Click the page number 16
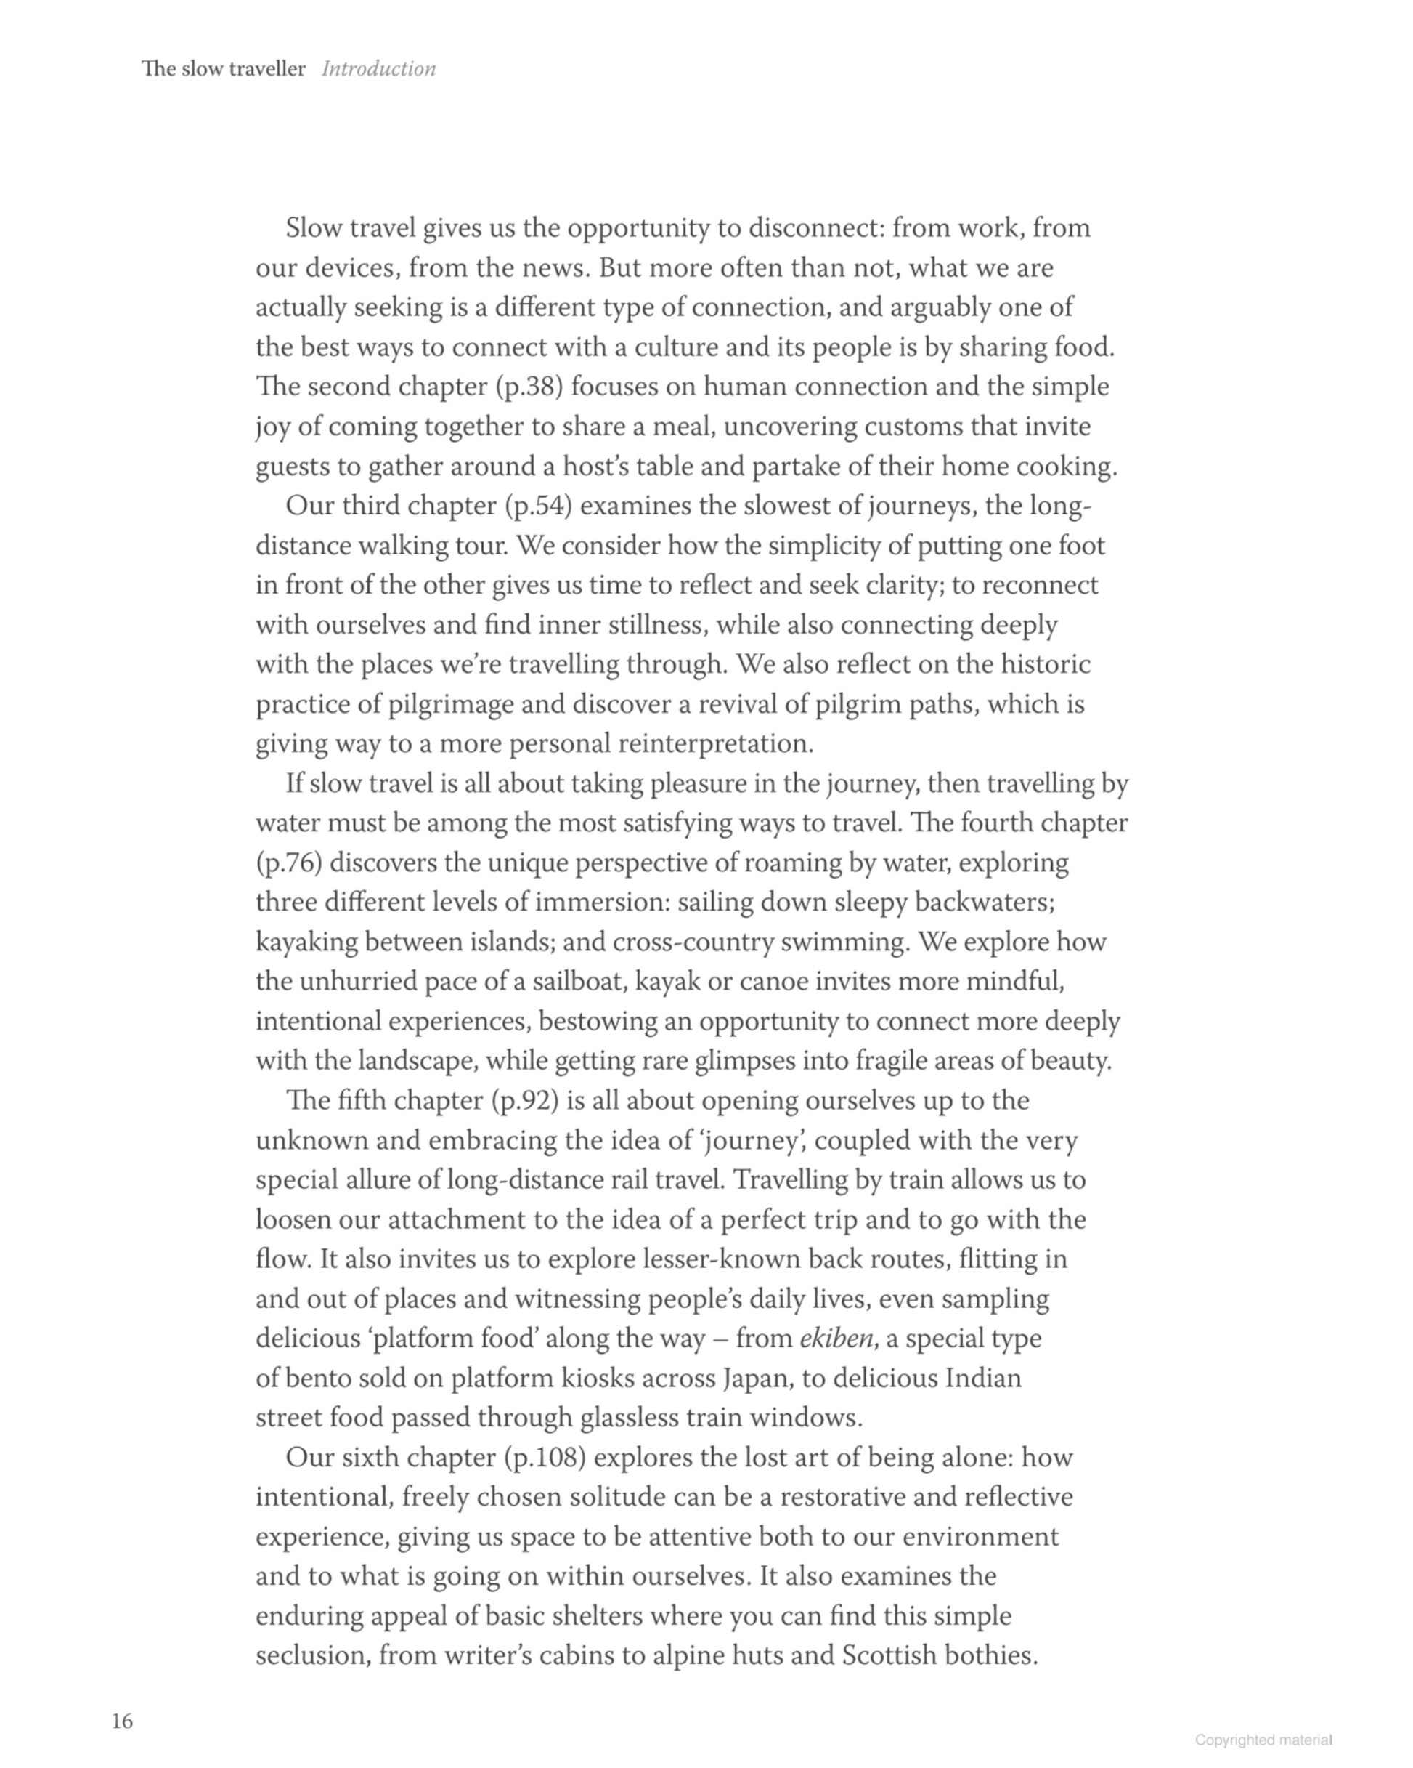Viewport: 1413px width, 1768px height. pyautogui.click(x=122, y=1721)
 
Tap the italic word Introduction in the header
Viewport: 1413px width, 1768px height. pyautogui.click(x=378, y=69)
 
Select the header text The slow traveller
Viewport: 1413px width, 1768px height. pyautogui.click(x=224, y=69)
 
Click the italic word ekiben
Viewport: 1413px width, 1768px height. pyautogui.click(x=836, y=1339)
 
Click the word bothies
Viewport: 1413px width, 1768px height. pyautogui.click(x=991, y=1655)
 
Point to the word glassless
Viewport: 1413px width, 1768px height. pyautogui.click(x=638, y=1418)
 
